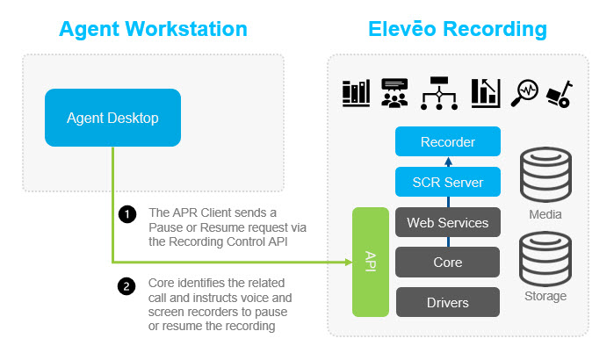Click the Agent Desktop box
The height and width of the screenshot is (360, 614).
(112, 117)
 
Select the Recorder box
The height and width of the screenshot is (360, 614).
(447, 141)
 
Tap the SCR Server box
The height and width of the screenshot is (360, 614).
(447, 183)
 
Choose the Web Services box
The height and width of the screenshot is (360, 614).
(447, 222)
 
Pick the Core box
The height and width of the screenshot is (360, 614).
(447, 262)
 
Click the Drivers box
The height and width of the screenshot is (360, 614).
(447, 302)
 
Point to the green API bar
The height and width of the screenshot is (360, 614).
(370, 261)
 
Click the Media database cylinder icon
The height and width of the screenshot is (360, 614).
(540, 177)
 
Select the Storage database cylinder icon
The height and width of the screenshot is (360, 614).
(540, 258)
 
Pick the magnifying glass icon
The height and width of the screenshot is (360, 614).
(526, 93)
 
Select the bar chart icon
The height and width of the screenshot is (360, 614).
(485, 93)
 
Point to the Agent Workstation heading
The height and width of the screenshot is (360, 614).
(153, 29)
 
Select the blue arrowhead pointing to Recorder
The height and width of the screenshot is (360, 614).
(447, 161)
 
